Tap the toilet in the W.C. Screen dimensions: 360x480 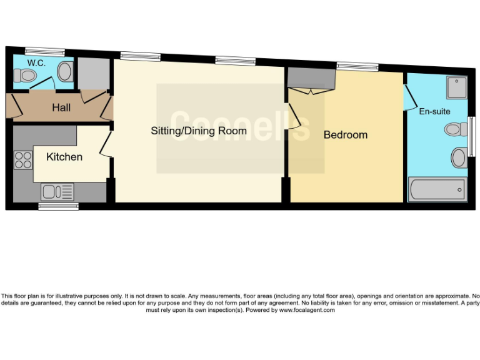click(26, 76)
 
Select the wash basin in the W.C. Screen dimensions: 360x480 click(65, 72)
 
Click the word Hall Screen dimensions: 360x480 click(61, 107)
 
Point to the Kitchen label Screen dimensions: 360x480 click(64, 157)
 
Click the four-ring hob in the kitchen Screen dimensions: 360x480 click(23, 160)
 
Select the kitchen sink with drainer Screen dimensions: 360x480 click(57, 191)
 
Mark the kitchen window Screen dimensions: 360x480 click(58, 206)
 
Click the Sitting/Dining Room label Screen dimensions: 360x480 click(199, 131)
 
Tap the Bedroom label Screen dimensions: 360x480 click(345, 135)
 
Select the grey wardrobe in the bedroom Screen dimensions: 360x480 click(311, 79)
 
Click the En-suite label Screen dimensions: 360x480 click(434, 112)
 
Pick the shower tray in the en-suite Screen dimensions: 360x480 click(456, 88)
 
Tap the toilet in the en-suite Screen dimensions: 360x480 click(456, 129)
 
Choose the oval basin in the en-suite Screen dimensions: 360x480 click(458, 157)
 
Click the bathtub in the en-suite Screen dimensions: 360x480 click(437, 189)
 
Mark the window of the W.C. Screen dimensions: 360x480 click(44, 52)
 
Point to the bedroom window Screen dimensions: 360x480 click(357, 66)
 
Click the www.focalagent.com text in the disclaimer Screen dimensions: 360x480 click(307, 310)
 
